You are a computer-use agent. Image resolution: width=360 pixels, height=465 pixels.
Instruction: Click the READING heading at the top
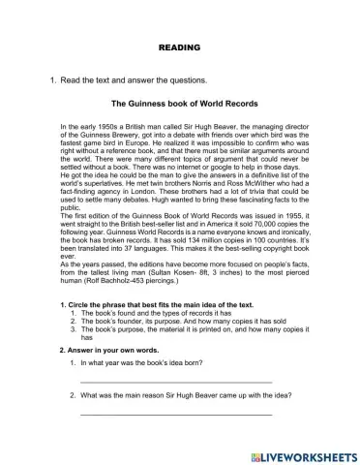tap(179, 46)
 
